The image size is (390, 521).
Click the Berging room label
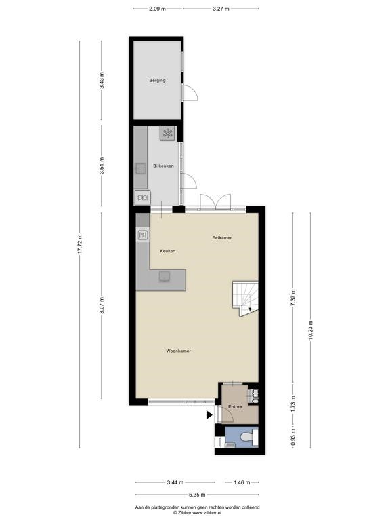tap(157, 81)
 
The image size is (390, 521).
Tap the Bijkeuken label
tap(163, 166)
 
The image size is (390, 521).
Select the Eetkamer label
tap(222, 238)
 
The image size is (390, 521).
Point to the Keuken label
tap(167, 251)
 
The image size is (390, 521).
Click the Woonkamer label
tap(179, 351)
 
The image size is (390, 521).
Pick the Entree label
tap(235, 407)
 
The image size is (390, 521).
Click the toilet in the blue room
tap(248, 437)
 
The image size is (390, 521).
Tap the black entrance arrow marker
tap(209, 414)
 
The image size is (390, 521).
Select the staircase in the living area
tap(244, 298)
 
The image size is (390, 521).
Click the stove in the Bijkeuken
tap(167, 133)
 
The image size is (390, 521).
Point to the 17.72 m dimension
tap(80, 244)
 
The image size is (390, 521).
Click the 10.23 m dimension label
tap(310, 330)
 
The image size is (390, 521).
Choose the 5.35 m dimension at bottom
tap(197, 495)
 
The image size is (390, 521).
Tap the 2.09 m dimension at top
tap(157, 9)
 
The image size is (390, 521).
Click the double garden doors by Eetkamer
tap(215, 202)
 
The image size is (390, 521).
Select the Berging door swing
tap(190, 92)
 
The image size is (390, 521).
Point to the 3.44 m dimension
tap(175, 482)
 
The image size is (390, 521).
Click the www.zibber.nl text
tap(207, 513)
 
